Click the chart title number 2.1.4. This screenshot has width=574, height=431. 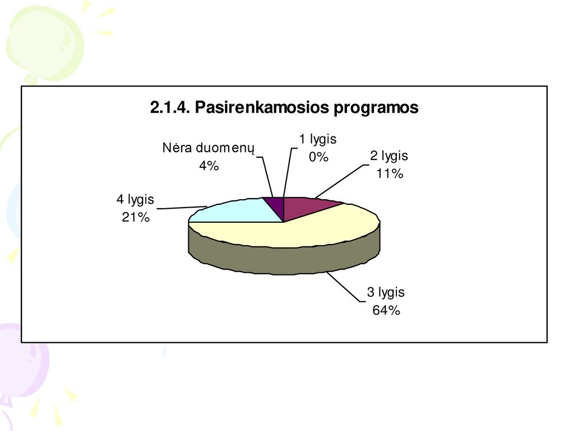(x=170, y=107)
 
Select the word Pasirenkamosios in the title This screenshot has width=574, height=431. (x=262, y=107)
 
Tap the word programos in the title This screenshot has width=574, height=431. (x=376, y=108)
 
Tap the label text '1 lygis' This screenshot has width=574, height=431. (x=318, y=140)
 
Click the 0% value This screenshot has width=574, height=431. (x=318, y=157)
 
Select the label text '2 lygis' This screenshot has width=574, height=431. (x=389, y=156)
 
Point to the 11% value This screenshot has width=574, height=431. (x=390, y=173)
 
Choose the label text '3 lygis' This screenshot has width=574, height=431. (x=386, y=293)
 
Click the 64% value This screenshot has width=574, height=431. (x=386, y=310)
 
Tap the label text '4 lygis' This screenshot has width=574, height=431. (x=135, y=200)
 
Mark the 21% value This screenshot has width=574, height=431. (x=136, y=217)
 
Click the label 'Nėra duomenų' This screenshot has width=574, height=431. (x=208, y=148)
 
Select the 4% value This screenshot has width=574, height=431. (x=209, y=166)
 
